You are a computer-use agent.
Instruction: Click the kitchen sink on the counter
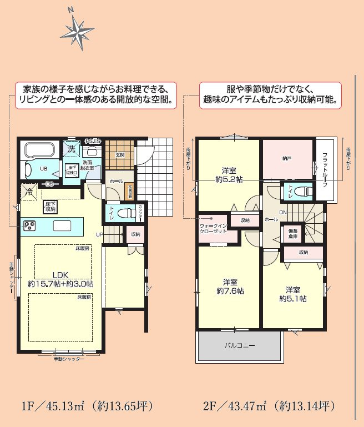(62, 225)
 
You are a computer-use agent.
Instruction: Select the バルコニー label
(240, 345)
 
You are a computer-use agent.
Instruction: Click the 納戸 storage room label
(286, 158)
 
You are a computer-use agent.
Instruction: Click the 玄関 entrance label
(120, 155)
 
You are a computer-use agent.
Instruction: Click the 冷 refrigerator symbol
(28, 192)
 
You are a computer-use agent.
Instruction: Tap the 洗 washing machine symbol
(72, 149)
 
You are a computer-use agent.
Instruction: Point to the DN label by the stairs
(282, 213)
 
